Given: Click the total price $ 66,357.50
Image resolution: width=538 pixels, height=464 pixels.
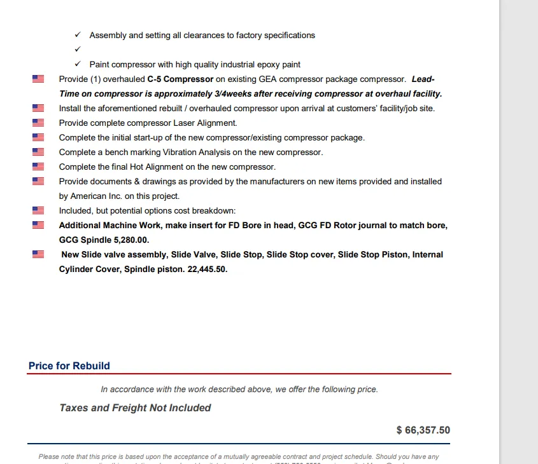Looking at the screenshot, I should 423,430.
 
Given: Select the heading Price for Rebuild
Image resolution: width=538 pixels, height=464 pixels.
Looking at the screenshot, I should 69,366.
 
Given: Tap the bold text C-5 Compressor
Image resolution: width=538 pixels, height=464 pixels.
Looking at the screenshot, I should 180,79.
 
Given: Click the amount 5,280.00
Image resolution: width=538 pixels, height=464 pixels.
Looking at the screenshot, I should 132,240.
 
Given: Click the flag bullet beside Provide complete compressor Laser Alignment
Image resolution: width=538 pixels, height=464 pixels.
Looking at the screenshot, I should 38,123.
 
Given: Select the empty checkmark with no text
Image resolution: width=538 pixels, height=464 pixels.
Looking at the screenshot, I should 77,50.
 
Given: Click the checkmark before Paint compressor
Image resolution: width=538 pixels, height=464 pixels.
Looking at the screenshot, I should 77,64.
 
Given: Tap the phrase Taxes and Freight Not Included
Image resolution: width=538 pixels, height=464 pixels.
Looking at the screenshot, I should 135,408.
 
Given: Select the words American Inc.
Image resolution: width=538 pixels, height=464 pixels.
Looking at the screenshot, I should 88,196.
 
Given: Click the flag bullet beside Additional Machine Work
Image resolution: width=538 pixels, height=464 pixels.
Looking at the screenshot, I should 38,225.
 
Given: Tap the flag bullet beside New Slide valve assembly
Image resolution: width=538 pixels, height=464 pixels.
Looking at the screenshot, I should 38,254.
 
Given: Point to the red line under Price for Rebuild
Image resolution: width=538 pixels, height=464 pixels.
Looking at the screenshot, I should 239,374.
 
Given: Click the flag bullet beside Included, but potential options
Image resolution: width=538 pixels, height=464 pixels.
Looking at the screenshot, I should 38,210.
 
